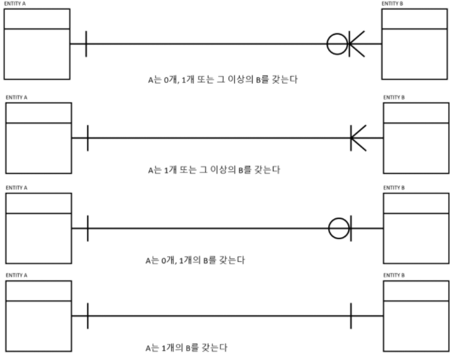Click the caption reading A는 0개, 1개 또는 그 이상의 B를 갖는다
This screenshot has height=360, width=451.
click(222, 80)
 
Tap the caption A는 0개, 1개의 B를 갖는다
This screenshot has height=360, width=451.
click(196, 260)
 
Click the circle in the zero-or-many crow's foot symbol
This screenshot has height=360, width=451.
click(338, 44)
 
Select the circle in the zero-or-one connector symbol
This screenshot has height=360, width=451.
click(338, 228)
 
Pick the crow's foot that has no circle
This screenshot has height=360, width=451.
click(359, 138)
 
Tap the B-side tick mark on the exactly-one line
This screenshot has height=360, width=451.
click(351, 316)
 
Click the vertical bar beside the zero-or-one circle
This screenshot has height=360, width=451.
click(352, 228)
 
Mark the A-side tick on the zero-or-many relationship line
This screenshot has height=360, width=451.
click(86, 44)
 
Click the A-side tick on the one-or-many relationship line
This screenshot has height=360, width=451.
click(88, 138)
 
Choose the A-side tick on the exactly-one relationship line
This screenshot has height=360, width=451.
click(88, 316)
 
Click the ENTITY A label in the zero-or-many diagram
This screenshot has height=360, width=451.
click(15, 4)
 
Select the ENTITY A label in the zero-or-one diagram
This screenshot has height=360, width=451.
click(17, 188)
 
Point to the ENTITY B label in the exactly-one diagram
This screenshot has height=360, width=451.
click(394, 276)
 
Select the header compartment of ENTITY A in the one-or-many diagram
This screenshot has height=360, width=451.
click(37, 113)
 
